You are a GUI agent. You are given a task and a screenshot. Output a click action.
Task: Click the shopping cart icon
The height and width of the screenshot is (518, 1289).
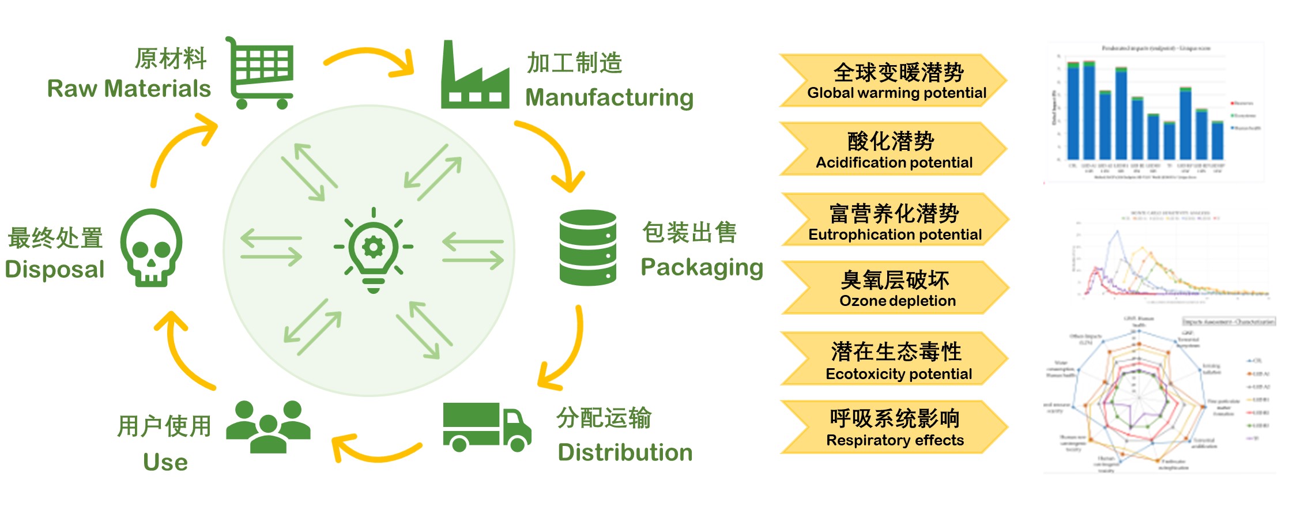pyautogui.click(x=261, y=73)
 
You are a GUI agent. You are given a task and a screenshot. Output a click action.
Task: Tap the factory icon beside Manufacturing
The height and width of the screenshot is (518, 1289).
pyautogui.click(x=474, y=77)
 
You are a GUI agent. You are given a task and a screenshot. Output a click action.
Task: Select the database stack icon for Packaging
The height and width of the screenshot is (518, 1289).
pyautogui.click(x=587, y=248)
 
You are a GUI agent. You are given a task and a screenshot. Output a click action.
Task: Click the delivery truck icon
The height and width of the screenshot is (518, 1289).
pyautogui.click(x=486, y=427)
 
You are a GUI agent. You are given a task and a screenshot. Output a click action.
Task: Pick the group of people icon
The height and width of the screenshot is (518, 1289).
pyautogui.click(x=268, y=426)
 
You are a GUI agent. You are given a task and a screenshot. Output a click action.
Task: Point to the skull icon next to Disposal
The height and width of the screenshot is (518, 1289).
pyautogui.click(x=151, y=248)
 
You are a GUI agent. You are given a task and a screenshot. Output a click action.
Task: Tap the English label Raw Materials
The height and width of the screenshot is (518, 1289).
pyautogui.click(x=129, y=89)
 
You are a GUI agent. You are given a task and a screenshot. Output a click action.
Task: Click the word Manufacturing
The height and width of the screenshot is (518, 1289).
pyautogui.click(x=609, y=97)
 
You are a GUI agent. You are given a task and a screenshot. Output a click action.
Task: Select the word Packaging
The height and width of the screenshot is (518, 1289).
pyautogui.click(x=702, y=267)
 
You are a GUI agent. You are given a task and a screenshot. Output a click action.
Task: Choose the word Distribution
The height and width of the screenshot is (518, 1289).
pyautogui.click(x=625, y=452)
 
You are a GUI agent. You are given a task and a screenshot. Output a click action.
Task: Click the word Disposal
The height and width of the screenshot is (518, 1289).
pyautogui.click(x=55, y=270)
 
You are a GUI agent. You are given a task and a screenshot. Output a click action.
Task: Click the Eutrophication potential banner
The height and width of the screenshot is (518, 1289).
pyautogui.click(x=894, y=220)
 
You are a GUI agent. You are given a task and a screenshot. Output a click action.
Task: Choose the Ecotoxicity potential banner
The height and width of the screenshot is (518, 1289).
pyautogui.click(x=894, y=359)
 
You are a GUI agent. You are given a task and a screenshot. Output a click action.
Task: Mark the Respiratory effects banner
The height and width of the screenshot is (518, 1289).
pyautogui.click(x=894, y=427)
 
